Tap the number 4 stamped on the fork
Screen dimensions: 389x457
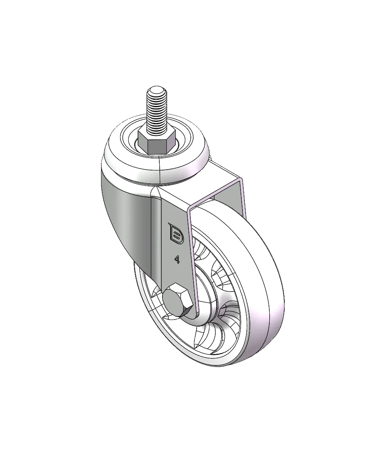pos(177,259)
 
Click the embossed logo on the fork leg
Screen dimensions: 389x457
pos(176,233)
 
